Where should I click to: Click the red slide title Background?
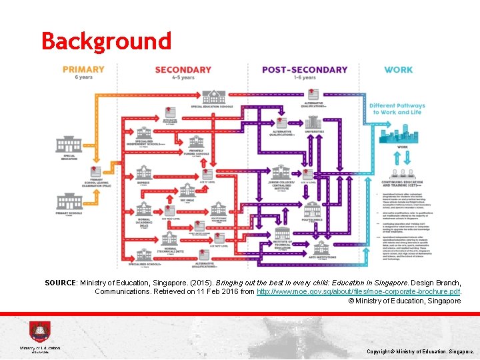(107, 41)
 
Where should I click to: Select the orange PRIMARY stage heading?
(83, 69)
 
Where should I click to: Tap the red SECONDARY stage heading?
(183, 69)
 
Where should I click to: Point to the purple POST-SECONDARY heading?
(305, 69)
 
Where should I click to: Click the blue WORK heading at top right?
(398, 69)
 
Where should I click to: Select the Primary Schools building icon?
(71, 201)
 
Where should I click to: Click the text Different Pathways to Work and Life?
(397, 109)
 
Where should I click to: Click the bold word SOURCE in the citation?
(60, 283)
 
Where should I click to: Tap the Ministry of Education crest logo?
(39, 332)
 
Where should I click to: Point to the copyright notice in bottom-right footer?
(420, 351)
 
